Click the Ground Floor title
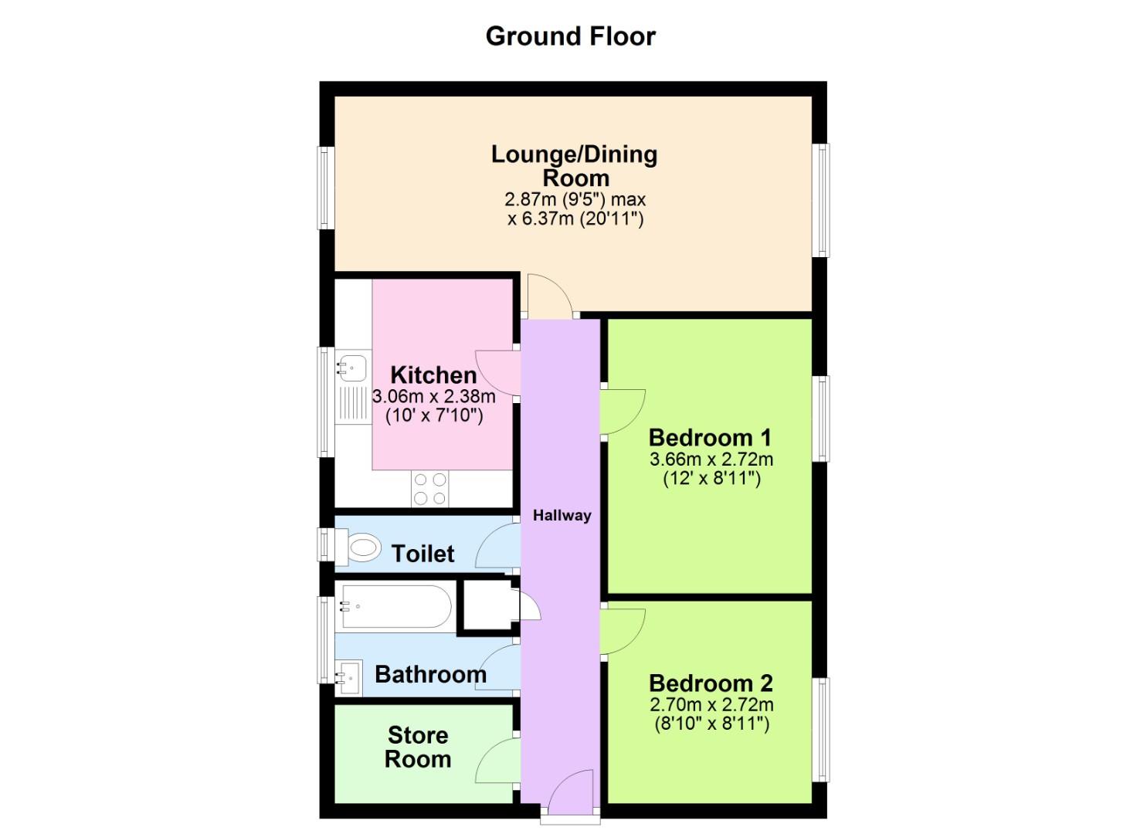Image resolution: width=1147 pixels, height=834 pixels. point(570,36)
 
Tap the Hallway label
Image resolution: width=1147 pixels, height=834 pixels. point(562,515)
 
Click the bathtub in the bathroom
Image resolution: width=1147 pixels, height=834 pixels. point(395,606)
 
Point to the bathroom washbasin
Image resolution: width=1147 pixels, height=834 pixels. point(348,676)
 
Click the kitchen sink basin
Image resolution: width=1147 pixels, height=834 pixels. point(351,367)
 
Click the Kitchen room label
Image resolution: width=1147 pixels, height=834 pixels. point(433,375)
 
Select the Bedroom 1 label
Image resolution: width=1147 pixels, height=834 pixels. point(710,438)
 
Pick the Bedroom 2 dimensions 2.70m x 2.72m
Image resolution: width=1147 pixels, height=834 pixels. point(711,704)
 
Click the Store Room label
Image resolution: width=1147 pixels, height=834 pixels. point(418,747)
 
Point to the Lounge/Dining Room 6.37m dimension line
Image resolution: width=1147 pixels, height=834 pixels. point(575,219)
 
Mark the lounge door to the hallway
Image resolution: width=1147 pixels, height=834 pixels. point(548,296)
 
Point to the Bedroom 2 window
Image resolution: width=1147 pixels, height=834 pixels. point(823,729)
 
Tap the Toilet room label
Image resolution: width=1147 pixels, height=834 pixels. point(422,554)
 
